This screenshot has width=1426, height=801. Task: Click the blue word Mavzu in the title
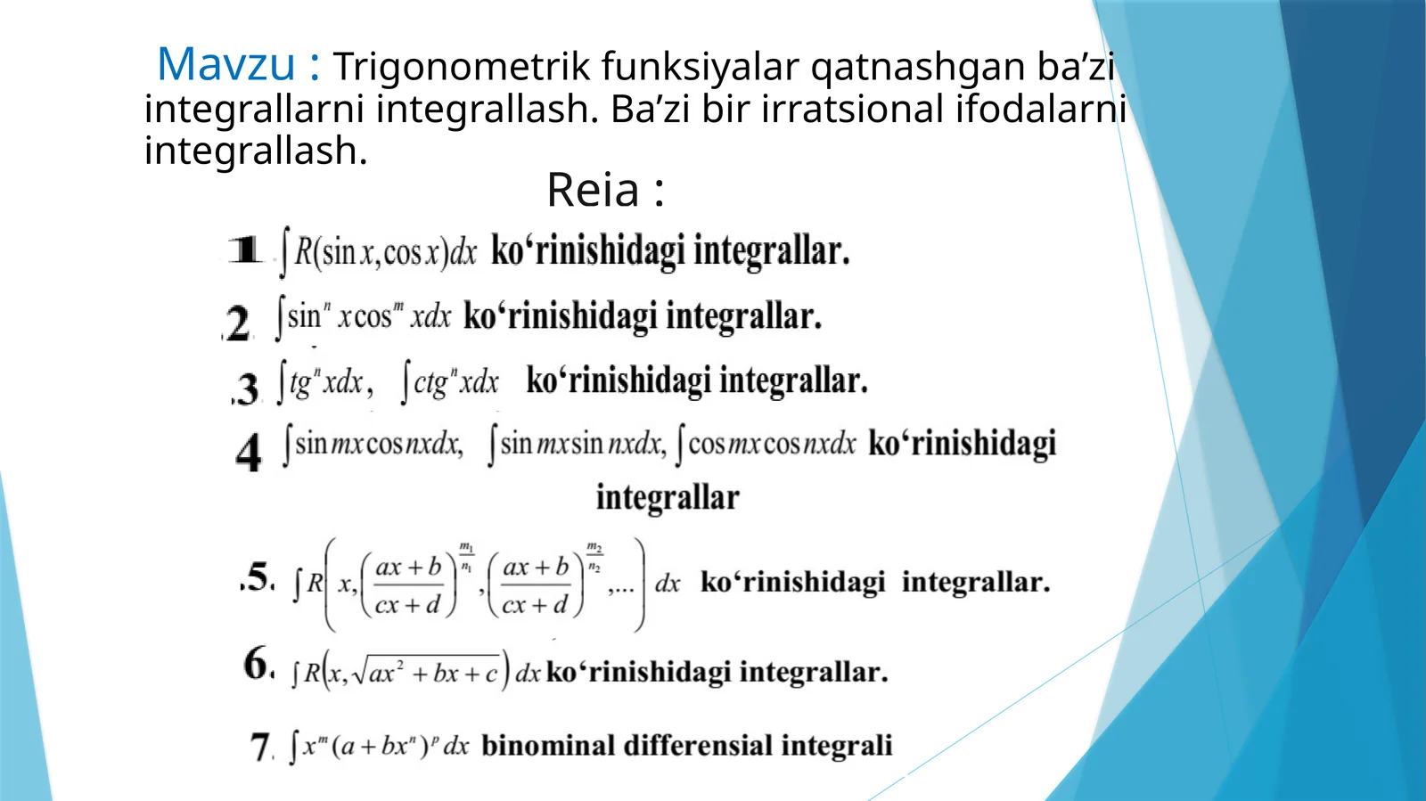coord(225,64)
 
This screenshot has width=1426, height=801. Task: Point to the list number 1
coord(245,249)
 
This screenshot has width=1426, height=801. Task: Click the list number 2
coord(238,323)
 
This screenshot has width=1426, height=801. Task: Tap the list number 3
coord(247,388)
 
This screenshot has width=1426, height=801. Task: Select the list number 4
coord(249,452)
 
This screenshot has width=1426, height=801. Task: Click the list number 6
coord(258,664)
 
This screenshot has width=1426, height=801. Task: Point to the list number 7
coord(260,747)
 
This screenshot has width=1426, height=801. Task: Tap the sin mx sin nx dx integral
coord(577,444)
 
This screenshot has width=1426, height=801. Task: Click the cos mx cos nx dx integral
coord(766,444)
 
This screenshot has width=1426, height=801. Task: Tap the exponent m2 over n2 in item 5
coord(594,557)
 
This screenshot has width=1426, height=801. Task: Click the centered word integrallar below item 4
coord(668,497)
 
